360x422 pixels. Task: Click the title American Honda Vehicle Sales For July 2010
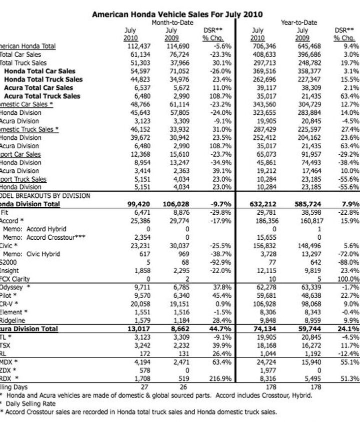tap(177, 14)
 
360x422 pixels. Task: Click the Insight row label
tap(10, 270)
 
